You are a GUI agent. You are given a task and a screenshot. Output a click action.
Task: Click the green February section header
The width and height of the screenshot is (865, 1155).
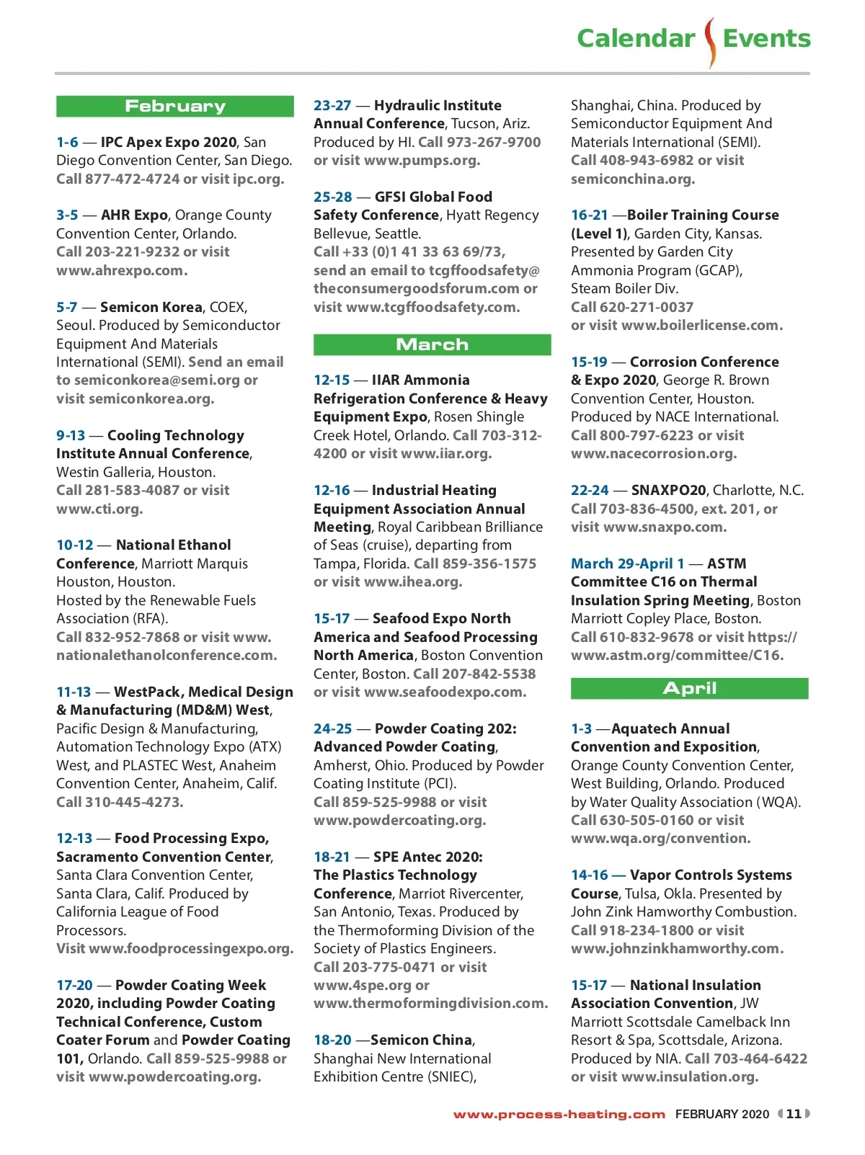175,107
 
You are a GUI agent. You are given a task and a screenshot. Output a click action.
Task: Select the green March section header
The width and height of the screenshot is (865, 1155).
432,344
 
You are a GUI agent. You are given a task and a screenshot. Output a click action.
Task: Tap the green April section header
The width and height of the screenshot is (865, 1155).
689,688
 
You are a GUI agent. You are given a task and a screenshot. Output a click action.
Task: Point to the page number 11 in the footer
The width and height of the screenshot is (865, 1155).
794,1114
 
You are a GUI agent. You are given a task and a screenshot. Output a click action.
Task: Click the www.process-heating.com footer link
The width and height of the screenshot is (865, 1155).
559,1115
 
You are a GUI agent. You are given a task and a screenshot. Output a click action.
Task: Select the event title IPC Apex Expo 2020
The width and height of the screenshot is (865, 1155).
169,142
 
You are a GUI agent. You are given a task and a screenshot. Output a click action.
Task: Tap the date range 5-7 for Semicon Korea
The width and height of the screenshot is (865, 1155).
66,307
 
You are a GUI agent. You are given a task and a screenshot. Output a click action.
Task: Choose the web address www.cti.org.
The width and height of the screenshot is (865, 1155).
99,509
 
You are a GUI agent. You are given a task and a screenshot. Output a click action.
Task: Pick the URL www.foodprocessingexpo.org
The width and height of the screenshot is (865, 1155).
191,948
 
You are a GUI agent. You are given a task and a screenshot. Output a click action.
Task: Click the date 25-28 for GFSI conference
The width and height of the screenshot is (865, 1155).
333,197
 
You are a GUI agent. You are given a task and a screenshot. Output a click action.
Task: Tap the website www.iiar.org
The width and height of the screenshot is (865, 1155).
446,453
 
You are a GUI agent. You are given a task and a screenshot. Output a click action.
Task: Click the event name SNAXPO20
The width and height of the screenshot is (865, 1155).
668,490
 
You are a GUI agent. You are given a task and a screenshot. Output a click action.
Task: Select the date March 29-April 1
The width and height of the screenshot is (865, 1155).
627,563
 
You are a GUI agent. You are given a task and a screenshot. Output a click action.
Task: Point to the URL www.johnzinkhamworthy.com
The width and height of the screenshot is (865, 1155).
677,948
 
